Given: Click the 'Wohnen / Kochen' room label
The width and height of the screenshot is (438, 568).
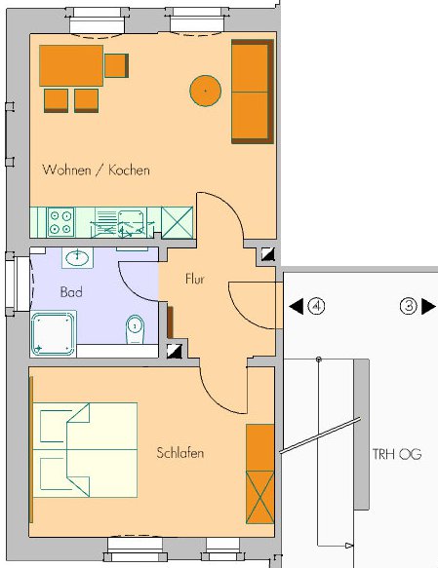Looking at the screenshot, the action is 96,170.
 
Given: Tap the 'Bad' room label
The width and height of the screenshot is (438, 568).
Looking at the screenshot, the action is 71,292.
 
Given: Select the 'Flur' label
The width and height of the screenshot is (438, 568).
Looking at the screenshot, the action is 195,279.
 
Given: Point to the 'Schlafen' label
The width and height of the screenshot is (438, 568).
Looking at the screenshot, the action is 180,453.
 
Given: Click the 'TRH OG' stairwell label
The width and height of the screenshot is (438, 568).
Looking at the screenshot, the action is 397,454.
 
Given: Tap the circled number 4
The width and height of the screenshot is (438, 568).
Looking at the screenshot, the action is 316,307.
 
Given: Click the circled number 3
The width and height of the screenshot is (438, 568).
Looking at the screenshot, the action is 409,307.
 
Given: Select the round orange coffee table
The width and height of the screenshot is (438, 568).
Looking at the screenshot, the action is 205,91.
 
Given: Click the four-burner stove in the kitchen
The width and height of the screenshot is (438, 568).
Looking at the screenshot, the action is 60,222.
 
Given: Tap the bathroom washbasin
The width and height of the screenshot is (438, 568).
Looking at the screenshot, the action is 77,258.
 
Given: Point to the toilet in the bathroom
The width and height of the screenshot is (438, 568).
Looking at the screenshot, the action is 136,329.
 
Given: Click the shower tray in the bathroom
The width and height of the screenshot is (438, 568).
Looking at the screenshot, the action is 54,333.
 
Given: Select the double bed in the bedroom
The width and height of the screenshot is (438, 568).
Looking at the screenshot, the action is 85,449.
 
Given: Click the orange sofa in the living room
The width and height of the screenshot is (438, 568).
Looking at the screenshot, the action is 253,92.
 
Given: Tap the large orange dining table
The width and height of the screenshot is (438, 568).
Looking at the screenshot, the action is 71,65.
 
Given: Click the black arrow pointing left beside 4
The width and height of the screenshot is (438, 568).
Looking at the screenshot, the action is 297,307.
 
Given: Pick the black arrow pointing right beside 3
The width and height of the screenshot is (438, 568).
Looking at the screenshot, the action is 428,307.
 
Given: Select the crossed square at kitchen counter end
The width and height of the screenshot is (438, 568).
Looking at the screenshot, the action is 177,222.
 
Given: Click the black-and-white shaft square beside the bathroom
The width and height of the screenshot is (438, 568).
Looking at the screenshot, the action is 175,351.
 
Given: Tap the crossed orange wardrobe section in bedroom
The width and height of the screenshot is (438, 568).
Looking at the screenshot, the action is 260,497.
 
